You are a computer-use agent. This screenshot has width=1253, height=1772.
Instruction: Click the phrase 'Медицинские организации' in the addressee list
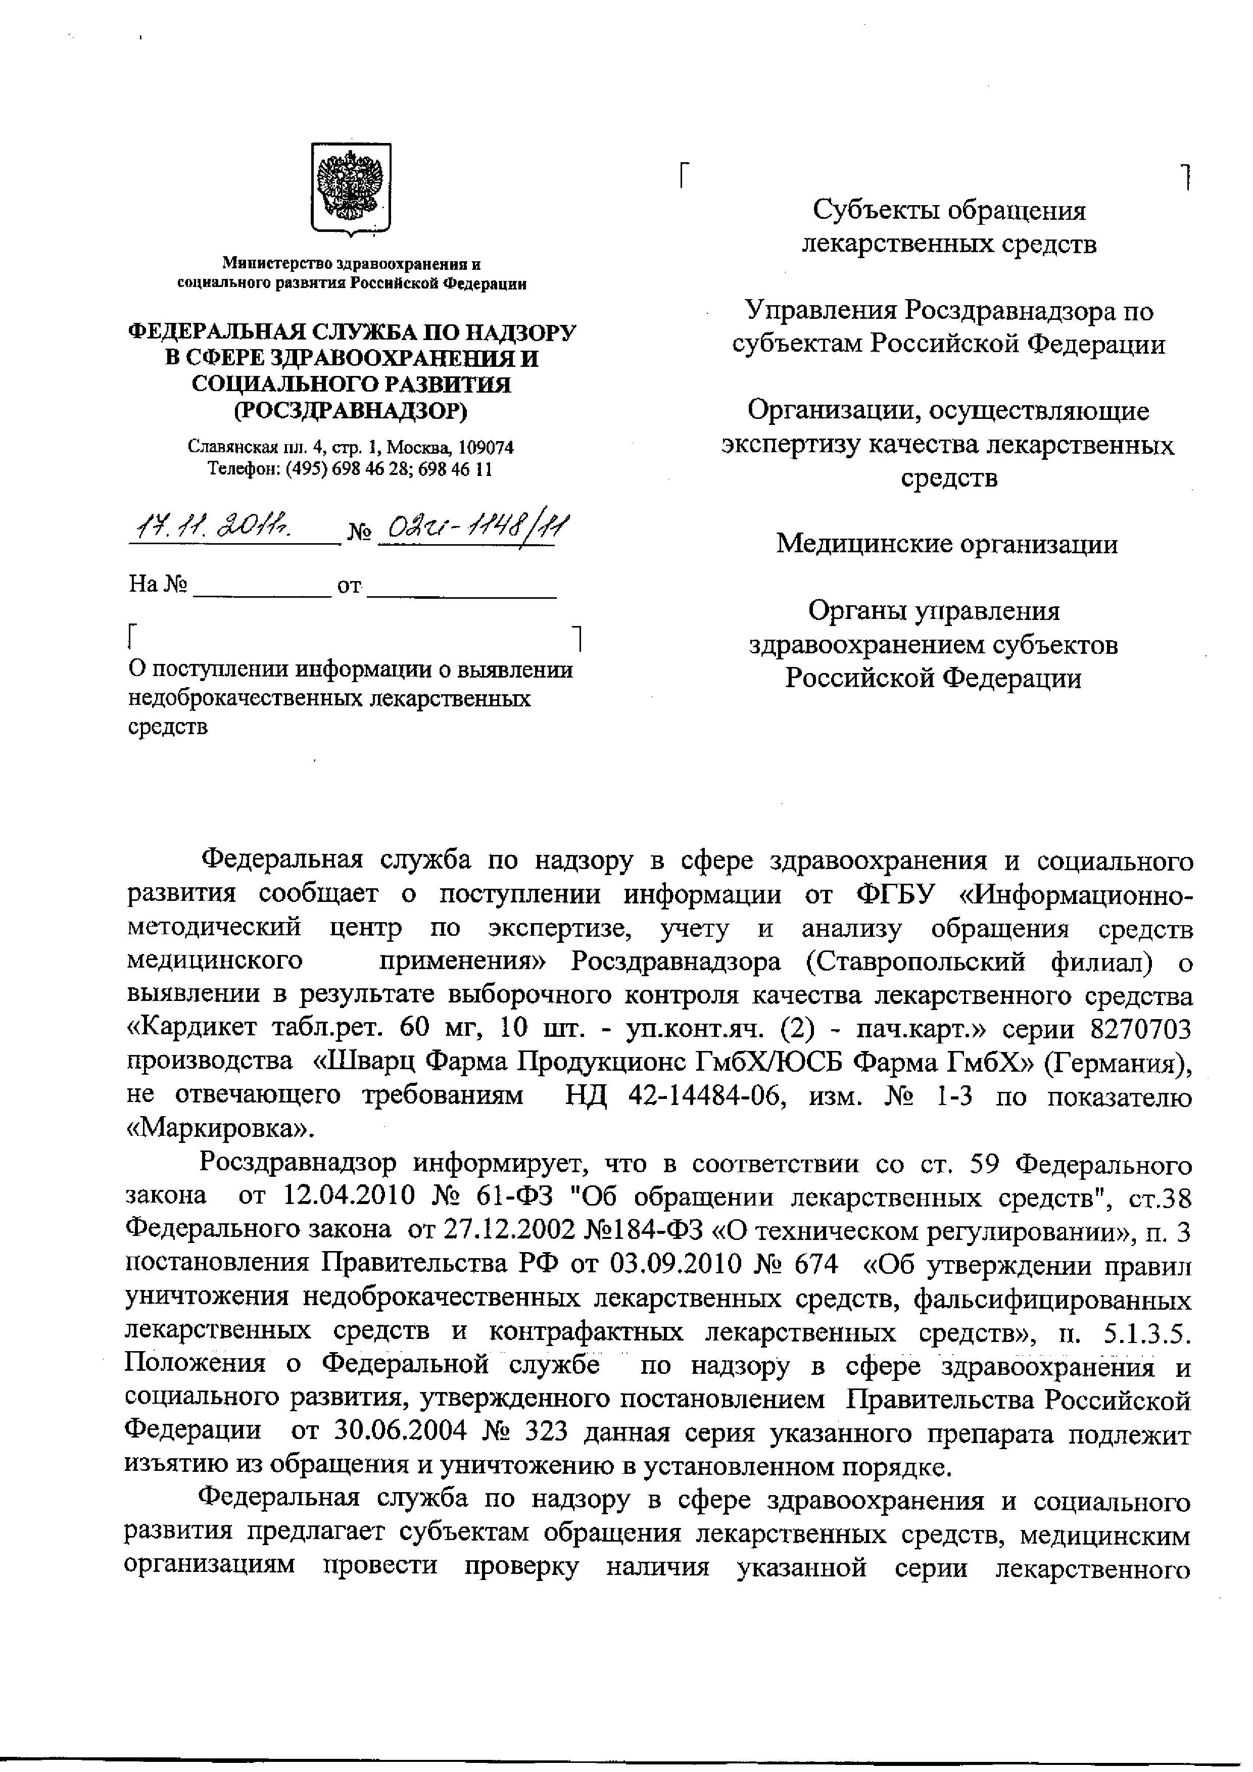(947, 544)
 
